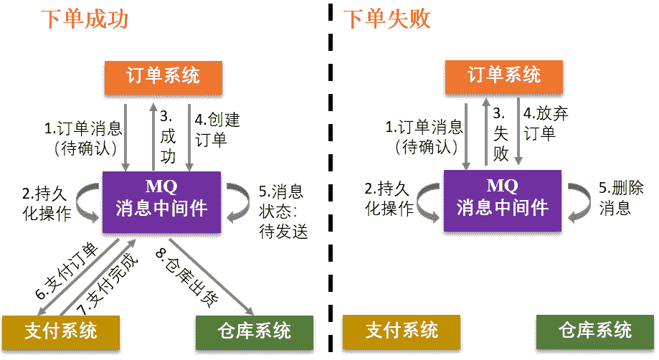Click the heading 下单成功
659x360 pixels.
coord(84,19)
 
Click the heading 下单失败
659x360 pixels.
coord(388,19)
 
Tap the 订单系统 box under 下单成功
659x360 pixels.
coord(163,77)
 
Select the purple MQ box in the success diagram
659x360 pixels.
coord(162,202)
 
